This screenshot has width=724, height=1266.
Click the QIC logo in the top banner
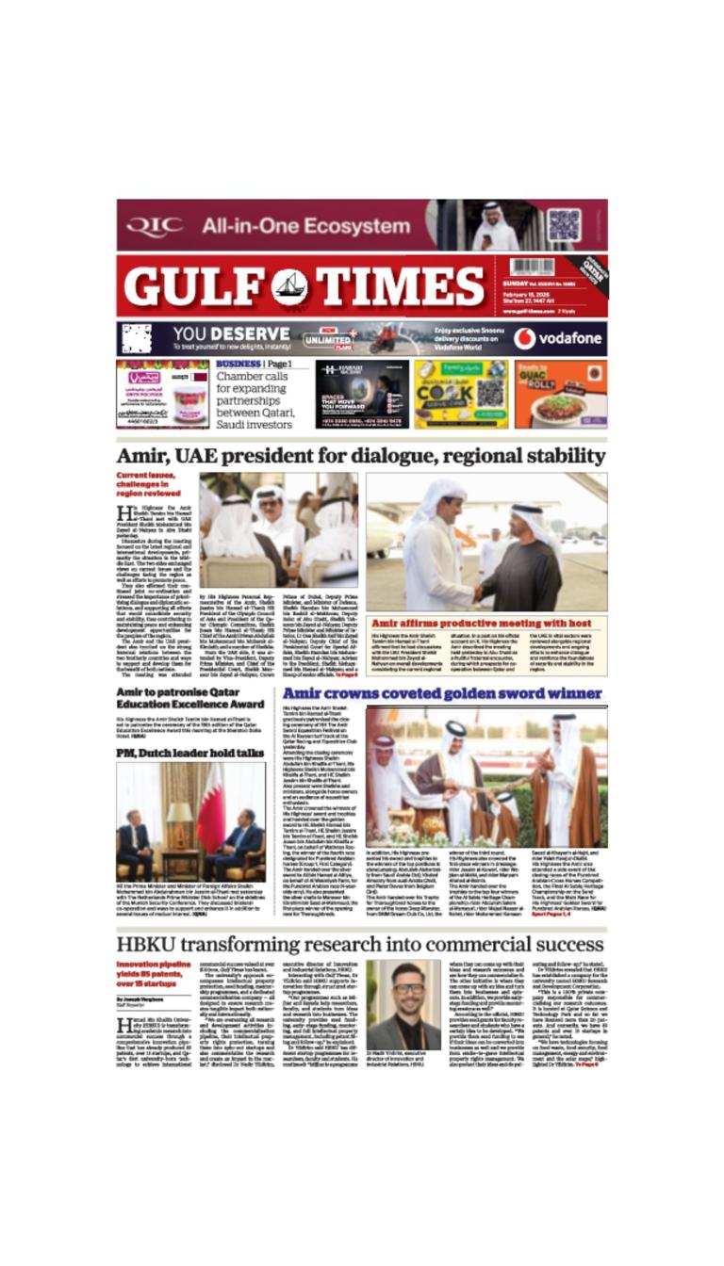coord(155,226)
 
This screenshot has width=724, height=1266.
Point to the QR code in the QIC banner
coord(564,225)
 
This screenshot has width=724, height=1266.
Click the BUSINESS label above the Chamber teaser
coord(238,364)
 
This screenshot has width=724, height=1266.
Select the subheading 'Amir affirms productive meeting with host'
coord(481,623)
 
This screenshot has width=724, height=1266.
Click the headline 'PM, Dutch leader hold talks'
coord(189,753)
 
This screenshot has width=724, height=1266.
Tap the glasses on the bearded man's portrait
coord(403,989)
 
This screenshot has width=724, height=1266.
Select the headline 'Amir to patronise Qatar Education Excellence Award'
coord(189,698)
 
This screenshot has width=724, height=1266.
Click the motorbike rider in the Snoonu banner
coord(383,337)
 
